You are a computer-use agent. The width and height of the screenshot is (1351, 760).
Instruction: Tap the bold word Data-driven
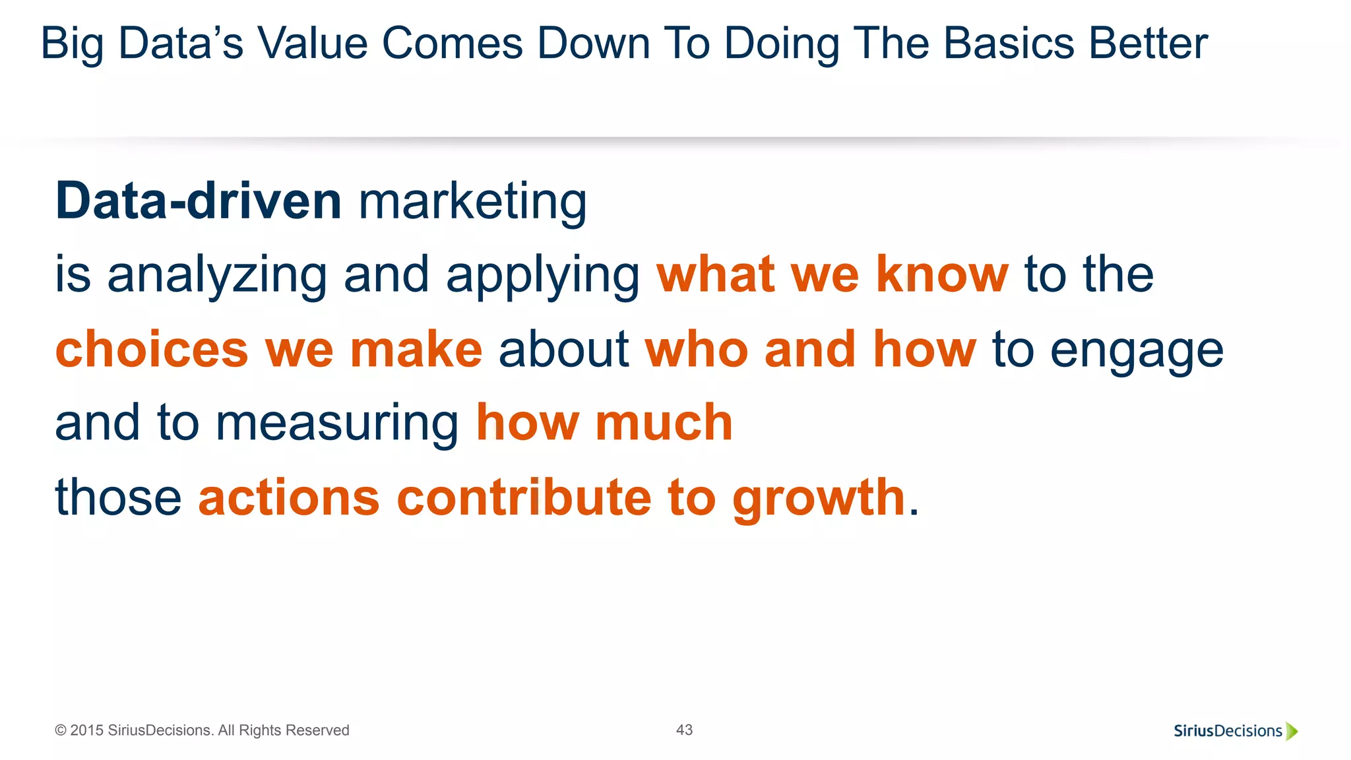pos(198,201)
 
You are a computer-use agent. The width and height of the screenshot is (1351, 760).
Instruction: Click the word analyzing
pos(217,276)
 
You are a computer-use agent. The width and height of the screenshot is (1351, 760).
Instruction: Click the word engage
pos(1136,351)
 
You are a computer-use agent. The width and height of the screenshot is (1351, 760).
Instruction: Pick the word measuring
pos(337,424)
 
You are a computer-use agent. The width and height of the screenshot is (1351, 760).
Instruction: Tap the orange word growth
pos(819,499)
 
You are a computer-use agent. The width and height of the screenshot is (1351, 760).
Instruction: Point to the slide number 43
pos(684,730)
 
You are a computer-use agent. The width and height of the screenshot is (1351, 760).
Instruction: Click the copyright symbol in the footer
pos(61,730)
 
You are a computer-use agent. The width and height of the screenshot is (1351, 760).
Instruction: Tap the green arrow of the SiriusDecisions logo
pos(1292,731)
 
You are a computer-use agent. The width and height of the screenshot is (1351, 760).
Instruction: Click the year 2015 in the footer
pos(86,730)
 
